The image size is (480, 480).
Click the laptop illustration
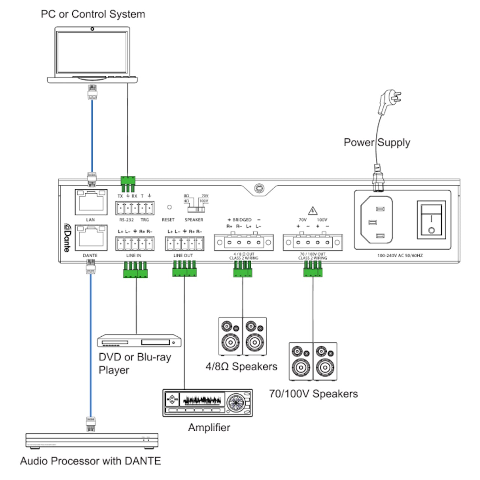pyautogui.click(x=92, y=55)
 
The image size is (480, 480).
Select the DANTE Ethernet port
pyautogui.click(x=91, y=237)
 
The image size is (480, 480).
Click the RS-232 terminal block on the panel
pyautogui.click(x=135, y=208)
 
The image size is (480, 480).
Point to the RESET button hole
pyautogui.click(x=169, y=207)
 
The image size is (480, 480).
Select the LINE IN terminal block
pyautogui.click(x=135, y=244)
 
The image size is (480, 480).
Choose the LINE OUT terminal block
pyautogui.click(x=184, y=244)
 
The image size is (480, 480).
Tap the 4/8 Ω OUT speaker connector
pyautogui.click(x=244, y=242)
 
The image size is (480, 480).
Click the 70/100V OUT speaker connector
pyautogui.click(x=313, y=242)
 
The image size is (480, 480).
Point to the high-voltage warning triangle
pyautogui.click(x=313, y=210)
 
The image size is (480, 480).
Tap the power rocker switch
pyautogui.click(x=431, y=219)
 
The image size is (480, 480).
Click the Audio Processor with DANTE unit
pyautogui.click(x=92, y=441)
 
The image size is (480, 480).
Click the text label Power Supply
pyautogui.click(x=377, y=142)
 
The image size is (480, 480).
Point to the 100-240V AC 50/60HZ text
pyautogui.click(x=400, y=255)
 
